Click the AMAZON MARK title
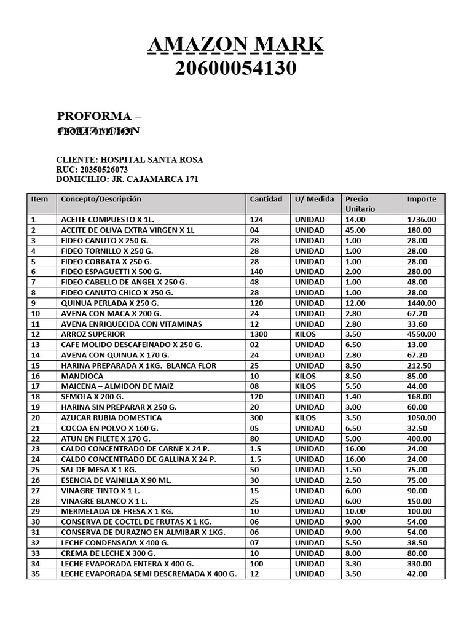pyautogui.click(x=236, y=45)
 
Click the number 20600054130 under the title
pyautogui.click(x=236, y=69)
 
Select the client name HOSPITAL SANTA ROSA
pyautogui.click(x=152, y=160)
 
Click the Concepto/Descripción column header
pyautogui.click(x=101, y=199)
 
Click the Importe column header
pyautogui.click(x=422, y=199)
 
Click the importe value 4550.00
pyautogui.click(x=422, y=334)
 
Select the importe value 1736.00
pyautogui.click(x=422, y=219)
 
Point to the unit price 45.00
pyautogui.click(x=355, y=230)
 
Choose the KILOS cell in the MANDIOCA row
pyautogui.click(x=305, y=376)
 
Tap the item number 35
pyautogui.click(x=34, y=574)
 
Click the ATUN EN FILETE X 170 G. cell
pyautogui.click(x=106, y=439)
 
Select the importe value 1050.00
pyautogui.click(x=422, y=418)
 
